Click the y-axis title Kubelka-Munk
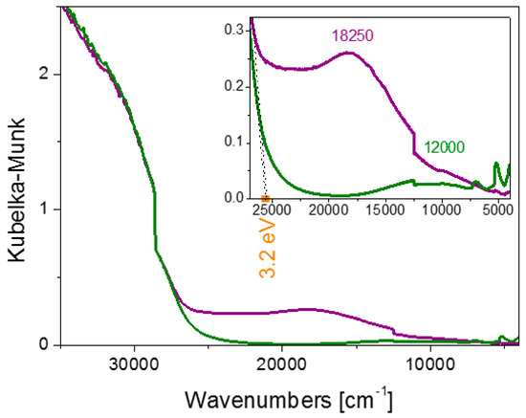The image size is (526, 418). (17, 189)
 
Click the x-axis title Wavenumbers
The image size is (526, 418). (257, 400)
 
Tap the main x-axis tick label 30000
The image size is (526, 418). (134, 364)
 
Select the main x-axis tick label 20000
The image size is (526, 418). (282, 364)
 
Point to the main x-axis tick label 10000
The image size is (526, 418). (430, 364)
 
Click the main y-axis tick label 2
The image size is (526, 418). (44, 75)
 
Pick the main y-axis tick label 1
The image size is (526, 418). (45, 209)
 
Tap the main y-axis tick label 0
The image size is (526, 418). (44, 344)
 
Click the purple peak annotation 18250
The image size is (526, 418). (353, 35)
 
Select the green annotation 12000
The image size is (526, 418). (445, 147)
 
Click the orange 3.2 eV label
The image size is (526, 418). (268, 250)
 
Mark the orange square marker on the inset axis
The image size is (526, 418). (265, 198)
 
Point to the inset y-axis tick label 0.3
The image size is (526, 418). (234, 31)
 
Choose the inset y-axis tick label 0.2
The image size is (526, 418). (234, 87)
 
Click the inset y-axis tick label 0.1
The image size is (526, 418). (234, 143)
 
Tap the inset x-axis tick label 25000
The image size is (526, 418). (272, 210)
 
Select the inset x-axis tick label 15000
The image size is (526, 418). (385, 210)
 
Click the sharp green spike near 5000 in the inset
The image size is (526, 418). (496, 164)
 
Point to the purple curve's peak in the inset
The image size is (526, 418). (349, 53)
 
